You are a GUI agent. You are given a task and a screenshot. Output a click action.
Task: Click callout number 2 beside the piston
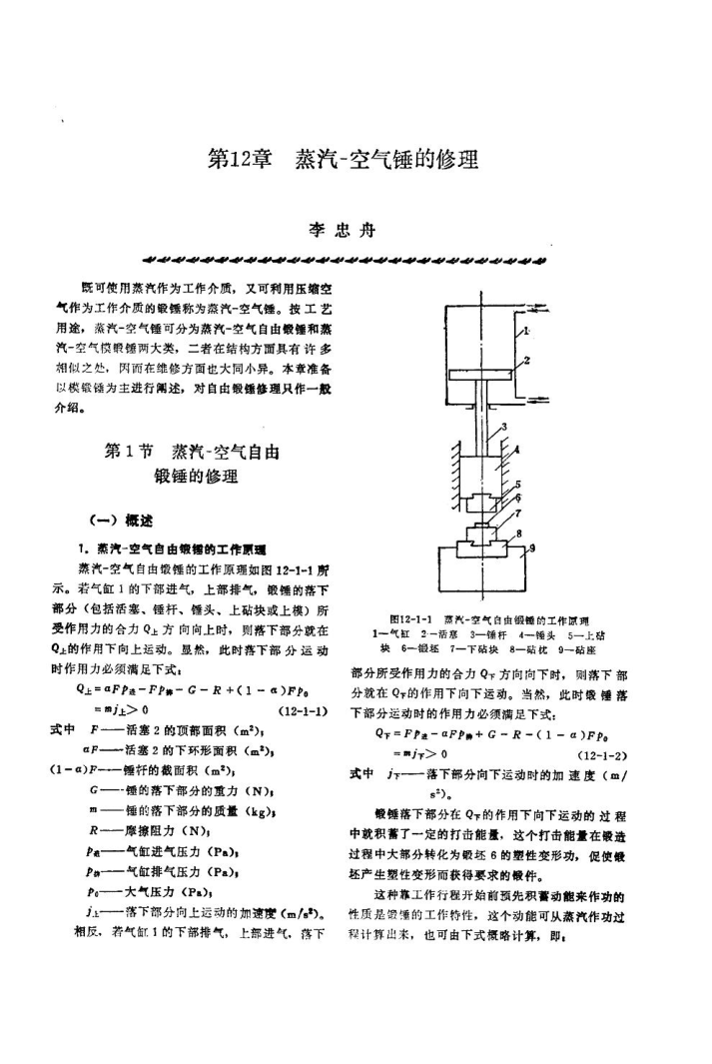(527, 360)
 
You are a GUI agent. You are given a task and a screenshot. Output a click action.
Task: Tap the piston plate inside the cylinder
(481, 375)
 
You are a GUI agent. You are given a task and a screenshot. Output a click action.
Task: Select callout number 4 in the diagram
(517, 452)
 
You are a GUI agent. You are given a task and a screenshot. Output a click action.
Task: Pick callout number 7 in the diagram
(520, 512)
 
